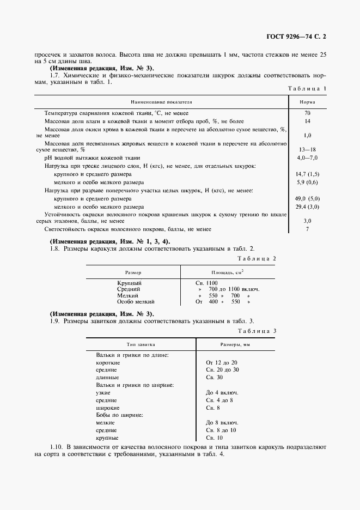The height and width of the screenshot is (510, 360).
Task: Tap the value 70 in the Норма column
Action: click(x=307, y=113)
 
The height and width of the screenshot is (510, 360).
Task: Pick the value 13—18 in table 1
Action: click(x=307, y=149)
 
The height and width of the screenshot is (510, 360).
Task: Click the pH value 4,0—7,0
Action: click(x=307, y=157)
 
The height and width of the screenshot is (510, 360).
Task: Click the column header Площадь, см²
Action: click(x=227, y=271)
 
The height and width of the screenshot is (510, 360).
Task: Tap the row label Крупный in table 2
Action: click(x=129, y=283)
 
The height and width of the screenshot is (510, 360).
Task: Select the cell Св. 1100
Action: click(x=206, y=283)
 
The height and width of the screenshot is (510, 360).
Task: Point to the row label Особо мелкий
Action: click(x=136, y=301)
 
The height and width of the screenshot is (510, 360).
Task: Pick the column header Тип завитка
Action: click(x=141, y=344)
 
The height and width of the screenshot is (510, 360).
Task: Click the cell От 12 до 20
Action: click(x=222, y=362)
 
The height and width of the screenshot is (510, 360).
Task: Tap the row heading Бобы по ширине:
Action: click(x=119, y=415)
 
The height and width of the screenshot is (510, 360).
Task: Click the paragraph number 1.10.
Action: click(x=57, y=447)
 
